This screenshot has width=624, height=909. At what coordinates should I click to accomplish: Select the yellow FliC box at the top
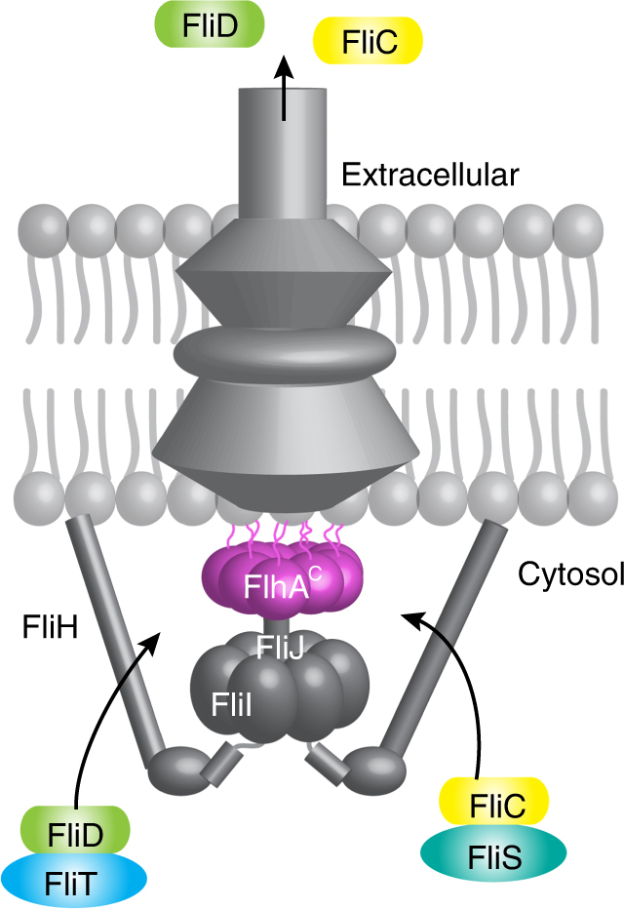[368, 43]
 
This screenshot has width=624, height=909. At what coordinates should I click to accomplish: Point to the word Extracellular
[430, 176]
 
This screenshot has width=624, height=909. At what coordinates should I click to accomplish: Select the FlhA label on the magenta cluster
[277, 588]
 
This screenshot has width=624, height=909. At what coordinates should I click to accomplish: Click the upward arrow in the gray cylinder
[284, 88]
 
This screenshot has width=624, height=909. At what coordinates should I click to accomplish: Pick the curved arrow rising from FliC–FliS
[458, 673]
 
